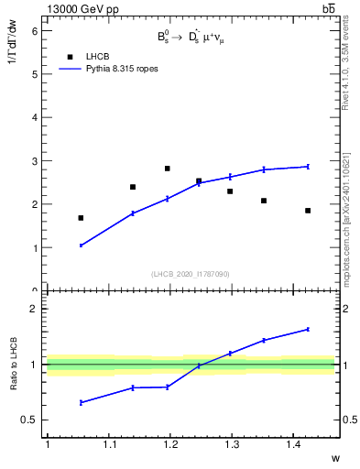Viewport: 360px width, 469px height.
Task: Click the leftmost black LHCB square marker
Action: click(81, 218)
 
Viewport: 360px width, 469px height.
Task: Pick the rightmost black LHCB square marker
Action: click(308, 211)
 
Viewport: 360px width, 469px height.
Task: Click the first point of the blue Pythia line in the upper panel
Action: click(81, 245)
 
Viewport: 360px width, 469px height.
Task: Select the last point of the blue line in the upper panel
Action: click(308, 167)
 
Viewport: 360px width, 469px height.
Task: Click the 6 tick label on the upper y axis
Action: click(34, 30)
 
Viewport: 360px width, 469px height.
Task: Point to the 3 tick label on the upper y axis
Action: click(34, 161)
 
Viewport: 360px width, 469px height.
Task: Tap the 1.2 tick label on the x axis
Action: click(169, 444)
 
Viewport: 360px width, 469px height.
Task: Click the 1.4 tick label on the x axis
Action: click(292, 444)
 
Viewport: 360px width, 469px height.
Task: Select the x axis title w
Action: click(334, 458)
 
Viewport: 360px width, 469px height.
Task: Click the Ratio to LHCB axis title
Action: click(15, 365)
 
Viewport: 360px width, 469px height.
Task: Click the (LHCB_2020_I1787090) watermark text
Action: click(190, 274)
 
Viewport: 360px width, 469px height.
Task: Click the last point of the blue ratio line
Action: click(308, 329)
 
